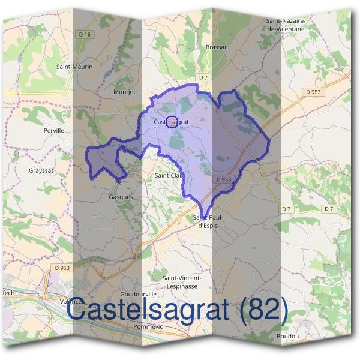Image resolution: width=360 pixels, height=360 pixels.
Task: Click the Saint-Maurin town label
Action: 74,67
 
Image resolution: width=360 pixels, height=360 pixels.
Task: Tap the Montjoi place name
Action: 125,92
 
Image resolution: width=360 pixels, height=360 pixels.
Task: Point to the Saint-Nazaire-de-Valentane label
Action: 286,24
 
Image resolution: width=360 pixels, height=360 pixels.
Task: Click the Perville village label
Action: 53,130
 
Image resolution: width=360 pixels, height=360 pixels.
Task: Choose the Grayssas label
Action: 41,170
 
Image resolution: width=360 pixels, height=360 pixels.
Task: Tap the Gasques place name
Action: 121,196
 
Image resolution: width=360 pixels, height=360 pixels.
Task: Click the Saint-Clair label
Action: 168,175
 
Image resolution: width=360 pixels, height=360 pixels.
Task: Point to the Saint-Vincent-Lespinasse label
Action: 182,282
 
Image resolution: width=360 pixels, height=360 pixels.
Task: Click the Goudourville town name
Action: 138,295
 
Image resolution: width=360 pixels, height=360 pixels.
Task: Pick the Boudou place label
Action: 288,337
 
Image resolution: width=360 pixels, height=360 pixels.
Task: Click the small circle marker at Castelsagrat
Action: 171,122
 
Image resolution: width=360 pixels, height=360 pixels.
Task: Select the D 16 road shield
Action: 85,35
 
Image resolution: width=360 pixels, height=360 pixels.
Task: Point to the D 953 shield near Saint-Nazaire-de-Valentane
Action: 313,92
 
